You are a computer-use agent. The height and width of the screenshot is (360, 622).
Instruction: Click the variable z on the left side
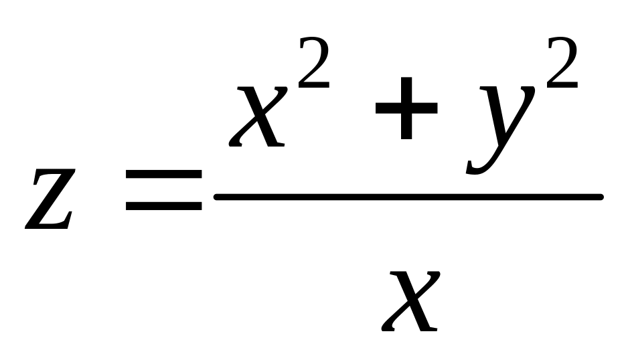pos(50,199)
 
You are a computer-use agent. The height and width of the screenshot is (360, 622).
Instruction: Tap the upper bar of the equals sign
pos(164,175)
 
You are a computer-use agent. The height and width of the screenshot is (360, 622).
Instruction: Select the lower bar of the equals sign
pos(164,206)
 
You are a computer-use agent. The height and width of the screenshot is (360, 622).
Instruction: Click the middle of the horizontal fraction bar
pos(408,197)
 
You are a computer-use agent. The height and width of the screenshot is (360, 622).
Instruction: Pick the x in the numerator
pos(258,116)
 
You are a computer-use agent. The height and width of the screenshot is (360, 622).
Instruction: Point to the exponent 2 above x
pos(314,62)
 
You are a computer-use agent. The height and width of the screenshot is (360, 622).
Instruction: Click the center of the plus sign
pos(406,108)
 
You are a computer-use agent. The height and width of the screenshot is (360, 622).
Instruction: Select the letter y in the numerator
pos(501,130)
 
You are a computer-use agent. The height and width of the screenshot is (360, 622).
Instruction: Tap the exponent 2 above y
pos(562,62)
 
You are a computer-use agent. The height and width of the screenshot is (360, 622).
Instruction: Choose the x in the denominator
pos(410,301)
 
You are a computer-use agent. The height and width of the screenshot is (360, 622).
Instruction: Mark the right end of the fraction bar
pos(601,197)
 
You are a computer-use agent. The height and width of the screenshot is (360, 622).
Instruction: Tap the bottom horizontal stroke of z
pos(48,226)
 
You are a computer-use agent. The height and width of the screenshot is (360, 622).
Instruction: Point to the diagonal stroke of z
pos(50,199)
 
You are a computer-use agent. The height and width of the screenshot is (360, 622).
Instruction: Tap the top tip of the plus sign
pos(406,78)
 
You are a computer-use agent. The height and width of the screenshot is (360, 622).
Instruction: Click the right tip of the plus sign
pos(437,108)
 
